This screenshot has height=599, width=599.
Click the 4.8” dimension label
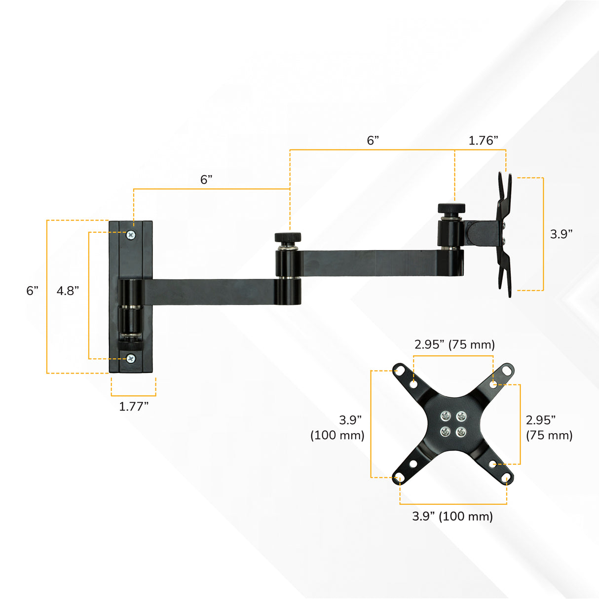(x=68, y=291)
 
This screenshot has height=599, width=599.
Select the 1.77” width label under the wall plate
(x=133, y=407)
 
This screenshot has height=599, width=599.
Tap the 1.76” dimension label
(x=483, y=141)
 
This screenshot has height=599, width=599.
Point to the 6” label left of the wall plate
(x=32, y=291)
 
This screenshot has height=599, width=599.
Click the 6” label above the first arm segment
(x=206, y=180)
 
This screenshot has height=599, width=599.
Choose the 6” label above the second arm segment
(x=373, y=141)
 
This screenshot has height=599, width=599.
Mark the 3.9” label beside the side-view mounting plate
(x=561, y=234)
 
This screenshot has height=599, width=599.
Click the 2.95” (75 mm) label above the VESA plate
(x=454, y=344)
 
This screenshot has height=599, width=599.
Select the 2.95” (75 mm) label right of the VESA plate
(x=549, y=427)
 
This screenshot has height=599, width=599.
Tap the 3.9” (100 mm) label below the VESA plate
(x=452, y=516)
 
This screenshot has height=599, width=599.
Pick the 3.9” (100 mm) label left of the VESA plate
(x=338, y=427)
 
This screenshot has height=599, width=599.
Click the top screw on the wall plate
(x=131, y=234)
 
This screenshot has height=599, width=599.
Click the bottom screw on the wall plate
(x=131, y=359)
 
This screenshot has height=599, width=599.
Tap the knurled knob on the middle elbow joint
(x=288, y=237)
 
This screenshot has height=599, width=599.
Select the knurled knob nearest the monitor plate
(x=451, y=208)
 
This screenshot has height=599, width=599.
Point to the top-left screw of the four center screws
(x=446, y=416)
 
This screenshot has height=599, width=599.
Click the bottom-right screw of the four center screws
(x=461, y=432)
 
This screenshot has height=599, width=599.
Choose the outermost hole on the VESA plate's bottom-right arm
(x=506, y=478)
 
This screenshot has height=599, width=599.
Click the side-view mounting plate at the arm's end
(x=504, y=234)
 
